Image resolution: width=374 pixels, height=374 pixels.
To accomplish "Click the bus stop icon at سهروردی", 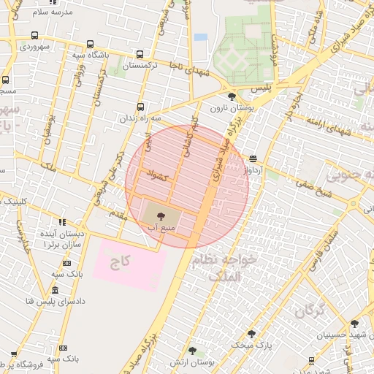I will tap(35, 35).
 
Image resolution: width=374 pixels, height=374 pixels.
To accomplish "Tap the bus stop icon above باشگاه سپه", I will tap(90, 44).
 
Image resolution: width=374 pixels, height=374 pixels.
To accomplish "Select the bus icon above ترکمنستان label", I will tap(140, 55).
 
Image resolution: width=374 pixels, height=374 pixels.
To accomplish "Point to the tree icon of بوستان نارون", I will tap(232, 96).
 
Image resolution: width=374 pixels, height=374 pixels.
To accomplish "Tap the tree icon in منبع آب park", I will tap(160, 215).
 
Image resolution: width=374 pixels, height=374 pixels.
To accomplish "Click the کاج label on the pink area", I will tap(119, 261).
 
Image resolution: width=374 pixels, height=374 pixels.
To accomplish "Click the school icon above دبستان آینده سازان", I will tap(62, 222).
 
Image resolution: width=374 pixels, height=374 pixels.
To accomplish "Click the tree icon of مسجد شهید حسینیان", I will tap(354, 323).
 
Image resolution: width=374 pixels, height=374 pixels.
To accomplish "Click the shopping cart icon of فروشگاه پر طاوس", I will tap(12, 354).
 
